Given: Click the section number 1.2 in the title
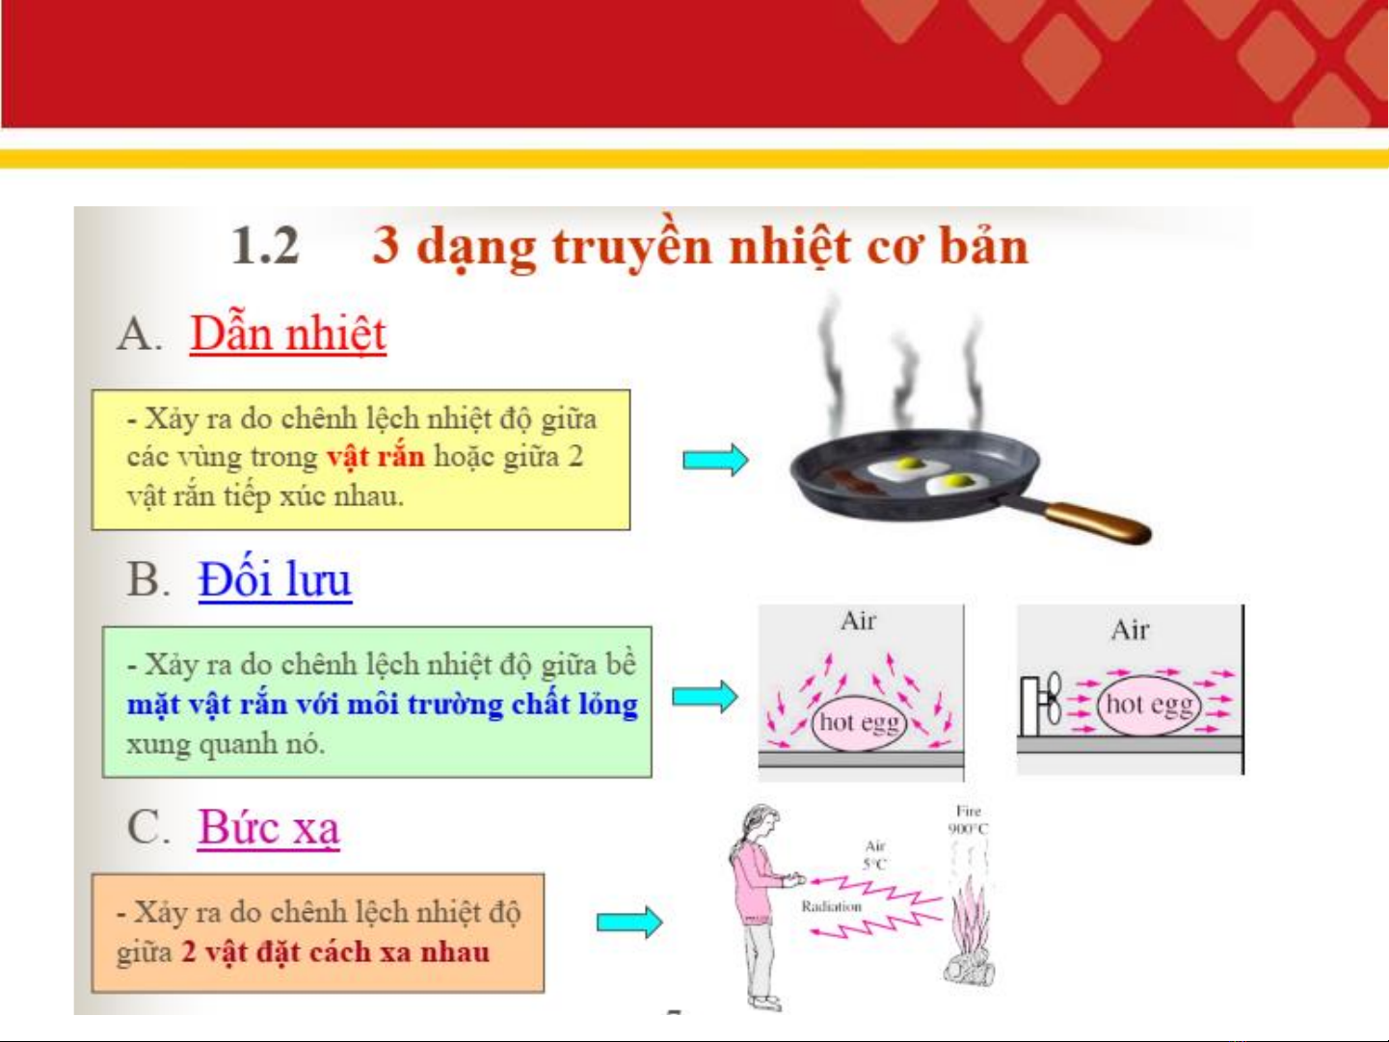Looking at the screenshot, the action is coord(265,246).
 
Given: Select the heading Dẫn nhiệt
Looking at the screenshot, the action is coord(288,334).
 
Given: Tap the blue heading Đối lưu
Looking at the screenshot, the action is coord(275,579).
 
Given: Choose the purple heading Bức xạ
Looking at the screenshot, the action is coord(269,826).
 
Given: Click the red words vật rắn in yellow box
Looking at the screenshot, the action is coord(376,457).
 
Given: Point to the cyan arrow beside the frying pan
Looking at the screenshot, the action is coord(715,460).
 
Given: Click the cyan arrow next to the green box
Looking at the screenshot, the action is coord(705,697).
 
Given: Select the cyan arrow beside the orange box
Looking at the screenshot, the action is coord(629,922).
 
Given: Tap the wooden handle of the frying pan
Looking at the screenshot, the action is coord(1098,521).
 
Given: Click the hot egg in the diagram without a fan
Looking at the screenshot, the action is coord(859,723).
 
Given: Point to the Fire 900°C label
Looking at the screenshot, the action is coord(968,820).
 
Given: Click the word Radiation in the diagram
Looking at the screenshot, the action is coord(832,907).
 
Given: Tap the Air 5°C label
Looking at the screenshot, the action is coord(876,855).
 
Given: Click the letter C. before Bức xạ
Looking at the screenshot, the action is coord(148,826).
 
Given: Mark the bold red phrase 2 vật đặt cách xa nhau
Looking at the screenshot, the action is coord(335,952).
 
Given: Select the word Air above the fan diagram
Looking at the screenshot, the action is coord(1130,630).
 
